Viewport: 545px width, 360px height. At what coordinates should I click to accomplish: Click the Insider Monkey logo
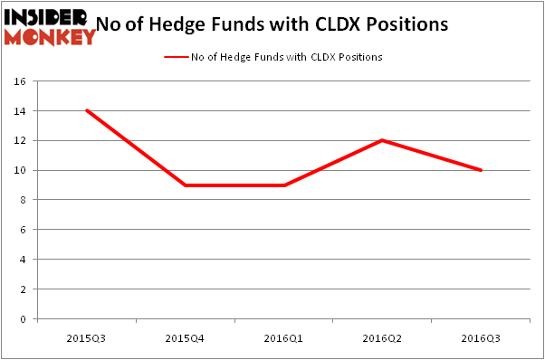pos(49,26)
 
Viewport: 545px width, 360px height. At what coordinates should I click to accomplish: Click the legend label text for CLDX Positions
pos(286,57)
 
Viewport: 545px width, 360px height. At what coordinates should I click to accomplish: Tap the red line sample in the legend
pos(176,57)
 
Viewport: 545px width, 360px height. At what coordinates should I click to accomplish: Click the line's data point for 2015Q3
pos(86,110)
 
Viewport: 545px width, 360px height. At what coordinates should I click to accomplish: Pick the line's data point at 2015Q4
pos(185,185)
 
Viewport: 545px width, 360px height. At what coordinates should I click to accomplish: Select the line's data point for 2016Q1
pos(283,185)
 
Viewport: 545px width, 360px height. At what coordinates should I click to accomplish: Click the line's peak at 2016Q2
pos(382,140)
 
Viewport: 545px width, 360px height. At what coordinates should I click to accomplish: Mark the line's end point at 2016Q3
pos(481,170)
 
